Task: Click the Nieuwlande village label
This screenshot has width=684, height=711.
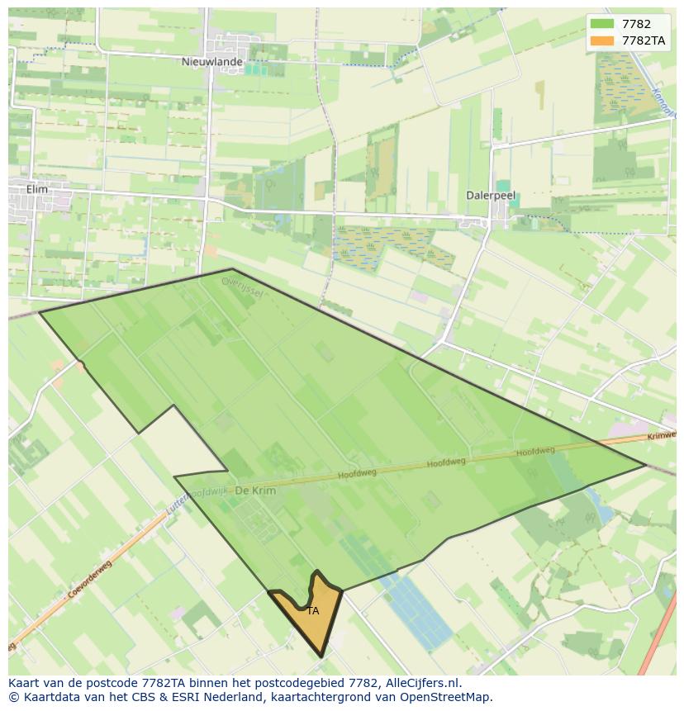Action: coord(212,62)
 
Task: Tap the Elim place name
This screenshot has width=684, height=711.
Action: coord(37,189)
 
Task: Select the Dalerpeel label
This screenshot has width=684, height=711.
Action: coord(491,196)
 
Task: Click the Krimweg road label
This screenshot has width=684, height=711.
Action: coord(663,435)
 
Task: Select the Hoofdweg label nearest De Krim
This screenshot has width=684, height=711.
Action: coord(357,474)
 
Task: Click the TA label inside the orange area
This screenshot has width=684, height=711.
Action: coord(312,611)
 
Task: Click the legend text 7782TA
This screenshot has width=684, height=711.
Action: coord(644,40)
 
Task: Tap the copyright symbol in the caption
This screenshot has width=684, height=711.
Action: coord(13,697)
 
